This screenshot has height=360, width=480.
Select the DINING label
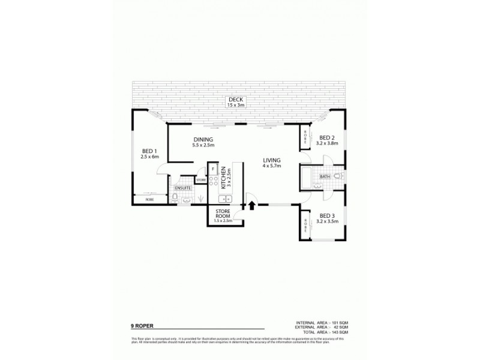(x=203, y=140)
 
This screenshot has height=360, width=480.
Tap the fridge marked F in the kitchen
(x=213, y=169)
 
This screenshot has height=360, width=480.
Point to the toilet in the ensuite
(x=175, y=197)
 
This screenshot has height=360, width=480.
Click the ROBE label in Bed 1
(x=149, y=199)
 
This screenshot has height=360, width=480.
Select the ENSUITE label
(x=183, y=188)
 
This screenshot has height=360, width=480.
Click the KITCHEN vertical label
(x=223, y=178)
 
